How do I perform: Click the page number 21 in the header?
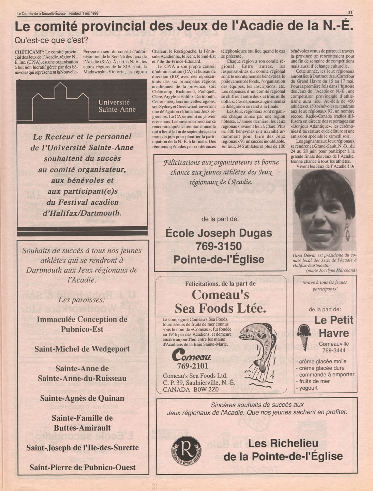click(x=350, y=13)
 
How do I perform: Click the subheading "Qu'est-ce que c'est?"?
click(x=51, y=40)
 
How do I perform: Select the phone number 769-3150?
click(x=219, y=246)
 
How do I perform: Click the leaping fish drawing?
click(x=262, y=348)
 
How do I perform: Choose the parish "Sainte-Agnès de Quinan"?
click(x=82, y=398)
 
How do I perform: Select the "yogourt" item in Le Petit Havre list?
click(x=308, y=388)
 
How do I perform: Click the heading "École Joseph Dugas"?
click(x=219, y=233)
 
